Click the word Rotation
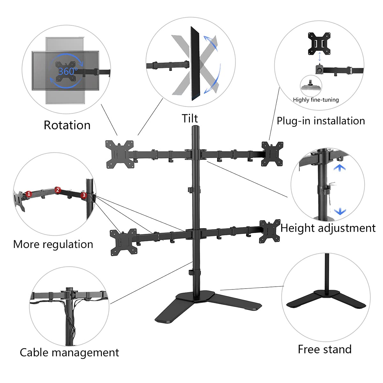(x=67, y=125)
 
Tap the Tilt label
(x=190, y=118)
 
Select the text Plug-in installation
(x=320, y=121)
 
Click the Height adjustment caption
(x=328, y=228)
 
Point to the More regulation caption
(x=53, y=244)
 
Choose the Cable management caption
(x=69, y=353)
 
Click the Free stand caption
(x=325, y=349)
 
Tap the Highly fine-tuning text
(x=316, y=100)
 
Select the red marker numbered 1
(x=29, y=194)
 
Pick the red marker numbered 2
(x=57, y=190)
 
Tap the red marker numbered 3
(x=84, y=195)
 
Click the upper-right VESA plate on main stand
(x=272, y=154)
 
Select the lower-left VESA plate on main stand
(x=123, y=242)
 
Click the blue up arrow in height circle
(x=339, y=168)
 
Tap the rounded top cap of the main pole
(x=195, y=128)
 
